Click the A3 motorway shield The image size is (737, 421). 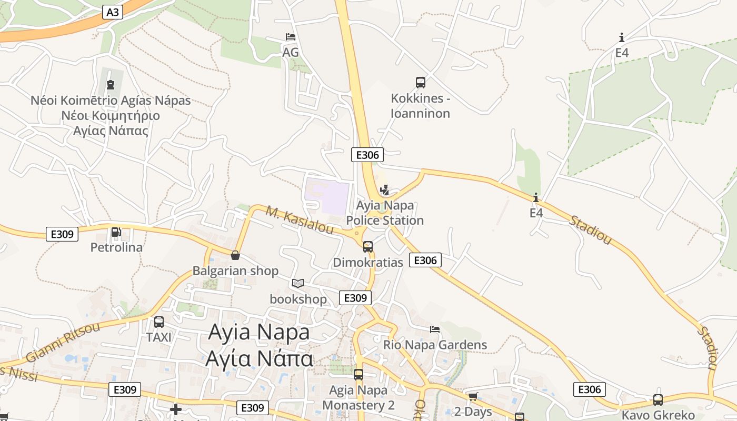coord(113,12)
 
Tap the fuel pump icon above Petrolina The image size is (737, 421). coord(116,232)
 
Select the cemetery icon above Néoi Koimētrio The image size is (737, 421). coord(111,84)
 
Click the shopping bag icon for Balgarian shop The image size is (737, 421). coord(235,255)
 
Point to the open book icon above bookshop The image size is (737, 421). coord(298,283)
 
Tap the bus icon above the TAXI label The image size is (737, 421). coord(158,322)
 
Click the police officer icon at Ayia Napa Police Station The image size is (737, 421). coord(385,189)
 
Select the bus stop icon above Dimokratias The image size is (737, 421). coord(367,246)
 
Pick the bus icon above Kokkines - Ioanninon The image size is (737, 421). coord(420,82)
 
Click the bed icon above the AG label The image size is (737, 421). coord(290,37)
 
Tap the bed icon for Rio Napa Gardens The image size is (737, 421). coord(435,329)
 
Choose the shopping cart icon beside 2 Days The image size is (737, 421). coord(473,396)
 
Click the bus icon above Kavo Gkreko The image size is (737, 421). coord(658,399)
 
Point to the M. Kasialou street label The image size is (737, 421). coord(300,220)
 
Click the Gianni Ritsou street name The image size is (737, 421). coord(63,342)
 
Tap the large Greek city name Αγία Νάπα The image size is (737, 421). coord(259,359)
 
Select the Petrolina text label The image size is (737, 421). coord(116,247)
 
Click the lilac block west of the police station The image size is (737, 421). coord(327,197)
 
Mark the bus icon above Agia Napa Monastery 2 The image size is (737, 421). coord(358,375)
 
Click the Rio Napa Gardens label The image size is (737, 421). coord(435,345)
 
